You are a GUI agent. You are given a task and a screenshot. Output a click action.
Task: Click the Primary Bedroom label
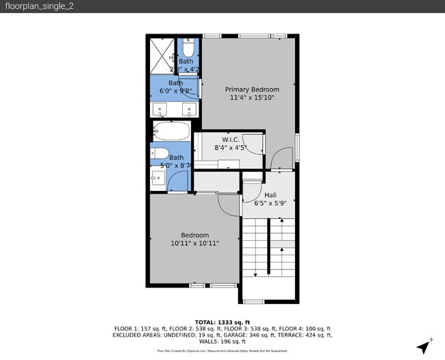tap(252, 90)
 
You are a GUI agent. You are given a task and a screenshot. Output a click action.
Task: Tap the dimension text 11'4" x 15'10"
tap(252, 98)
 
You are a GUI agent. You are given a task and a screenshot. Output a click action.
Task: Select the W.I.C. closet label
tap(230, 139)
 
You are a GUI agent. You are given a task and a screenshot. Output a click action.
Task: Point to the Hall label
tap(270, 195)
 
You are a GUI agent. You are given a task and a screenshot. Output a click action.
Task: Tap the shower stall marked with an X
tap(163, 55)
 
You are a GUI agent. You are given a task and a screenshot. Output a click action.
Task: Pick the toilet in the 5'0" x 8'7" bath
tap(158, 153)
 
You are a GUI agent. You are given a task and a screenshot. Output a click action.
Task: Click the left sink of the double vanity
tap(160, 110)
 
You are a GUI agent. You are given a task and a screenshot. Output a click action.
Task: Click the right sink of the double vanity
tap(190, 110)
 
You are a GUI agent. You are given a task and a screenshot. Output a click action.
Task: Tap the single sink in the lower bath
tap(157, 179)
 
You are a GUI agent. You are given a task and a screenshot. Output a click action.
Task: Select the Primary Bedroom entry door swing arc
tap(281, 159)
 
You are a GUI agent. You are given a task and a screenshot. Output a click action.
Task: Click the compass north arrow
tap(426, 346)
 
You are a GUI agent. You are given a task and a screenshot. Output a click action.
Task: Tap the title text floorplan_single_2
tap(29, 6)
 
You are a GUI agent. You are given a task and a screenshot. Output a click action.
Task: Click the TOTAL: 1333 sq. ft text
tap(222, 322)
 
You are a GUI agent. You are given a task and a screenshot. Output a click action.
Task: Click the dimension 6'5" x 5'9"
tap(270, 203)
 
